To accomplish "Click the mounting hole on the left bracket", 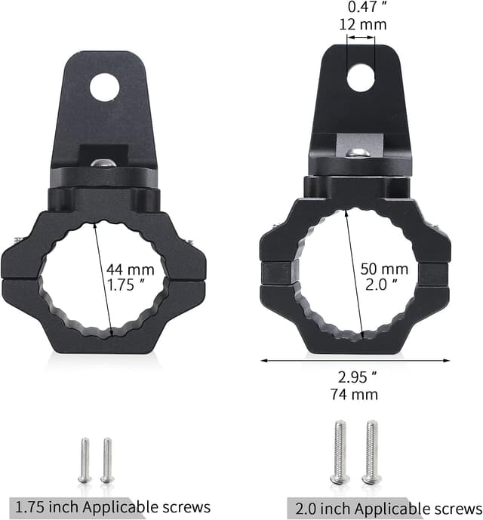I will [x=105, y=87].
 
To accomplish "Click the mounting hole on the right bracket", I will [x=361, y=77].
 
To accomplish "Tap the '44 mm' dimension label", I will [x=130, y=269].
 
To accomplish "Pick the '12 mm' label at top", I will [x=362, y=24].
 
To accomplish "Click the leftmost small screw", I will [x=85, y=460].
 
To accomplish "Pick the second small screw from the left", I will [x=106, y=460].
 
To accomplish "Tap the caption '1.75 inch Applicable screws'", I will [x=112, y=506].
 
